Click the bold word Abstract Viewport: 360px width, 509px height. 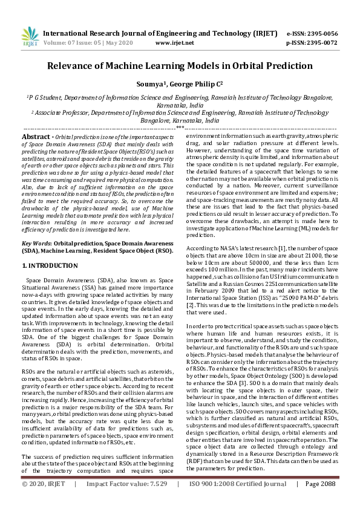tap(35, 137)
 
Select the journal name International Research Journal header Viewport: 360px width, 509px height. tap(102, 33)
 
